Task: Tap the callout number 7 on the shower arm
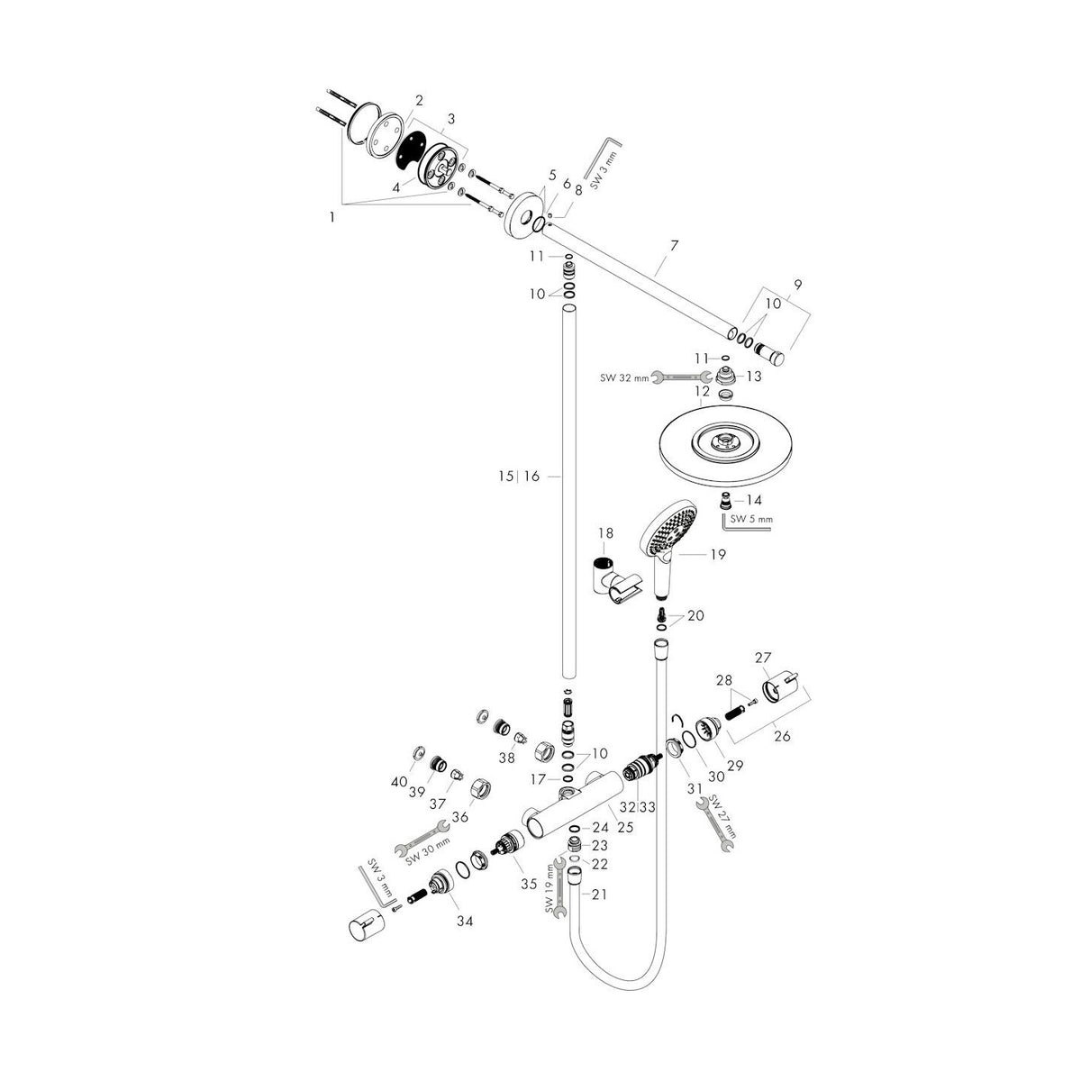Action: pyautogui.click(x=674, y=245)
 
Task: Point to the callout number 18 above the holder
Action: pyautogui.click(x=604, y=534)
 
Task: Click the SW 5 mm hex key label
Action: pyautogui.click(x=752, y=519)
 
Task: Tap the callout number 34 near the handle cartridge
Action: pyautogui.click(x=464, y=921)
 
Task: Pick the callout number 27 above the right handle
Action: pyautogui.click(x=764, y=658)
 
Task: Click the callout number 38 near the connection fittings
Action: pyautogui.click(x=507, y=759)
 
